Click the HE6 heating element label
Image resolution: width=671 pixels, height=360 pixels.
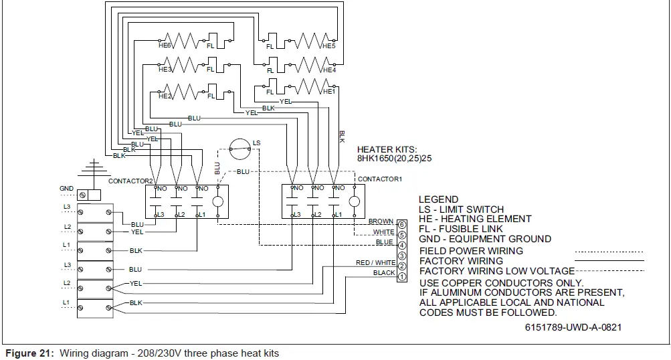pos(165,46)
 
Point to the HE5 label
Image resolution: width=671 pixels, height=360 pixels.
pos(328,46)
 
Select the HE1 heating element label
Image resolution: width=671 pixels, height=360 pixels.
pos(328,91)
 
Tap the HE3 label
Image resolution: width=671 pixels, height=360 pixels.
pos(165,69)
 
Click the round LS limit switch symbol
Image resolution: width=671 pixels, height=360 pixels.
pos(238,150)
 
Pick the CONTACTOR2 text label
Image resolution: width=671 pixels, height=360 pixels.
pos(130,181)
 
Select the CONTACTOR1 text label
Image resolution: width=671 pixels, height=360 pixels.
pos(380,179)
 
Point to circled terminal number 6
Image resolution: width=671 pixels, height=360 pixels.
pos(402,224)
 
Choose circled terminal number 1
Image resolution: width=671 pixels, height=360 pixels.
pos(402,277)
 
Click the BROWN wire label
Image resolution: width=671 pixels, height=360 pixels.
pos(381,221)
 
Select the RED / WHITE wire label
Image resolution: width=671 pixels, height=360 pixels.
pos(375,263)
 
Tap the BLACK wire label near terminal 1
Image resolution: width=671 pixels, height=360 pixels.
pos(384,273)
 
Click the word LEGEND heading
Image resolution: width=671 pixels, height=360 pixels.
pos(438,199)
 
